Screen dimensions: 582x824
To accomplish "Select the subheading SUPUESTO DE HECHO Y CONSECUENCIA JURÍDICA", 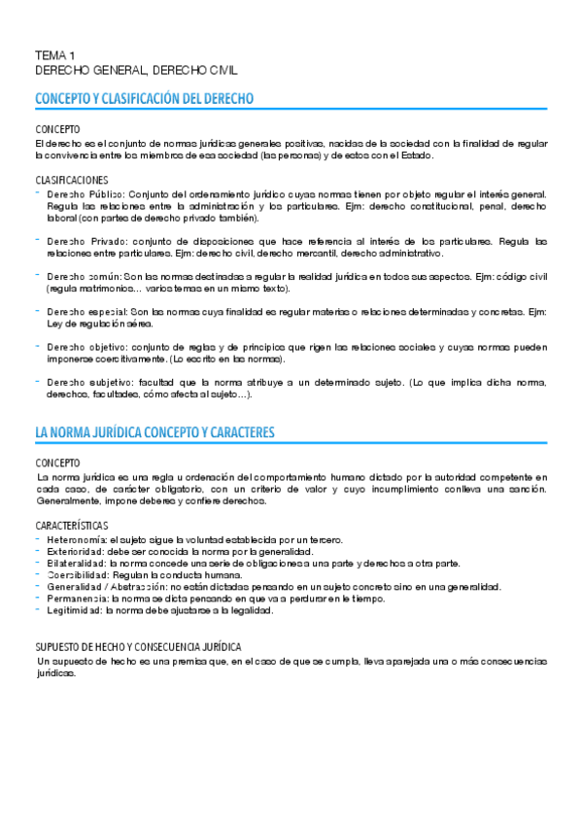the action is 138,646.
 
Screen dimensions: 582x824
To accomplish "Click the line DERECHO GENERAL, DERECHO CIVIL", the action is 136,70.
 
